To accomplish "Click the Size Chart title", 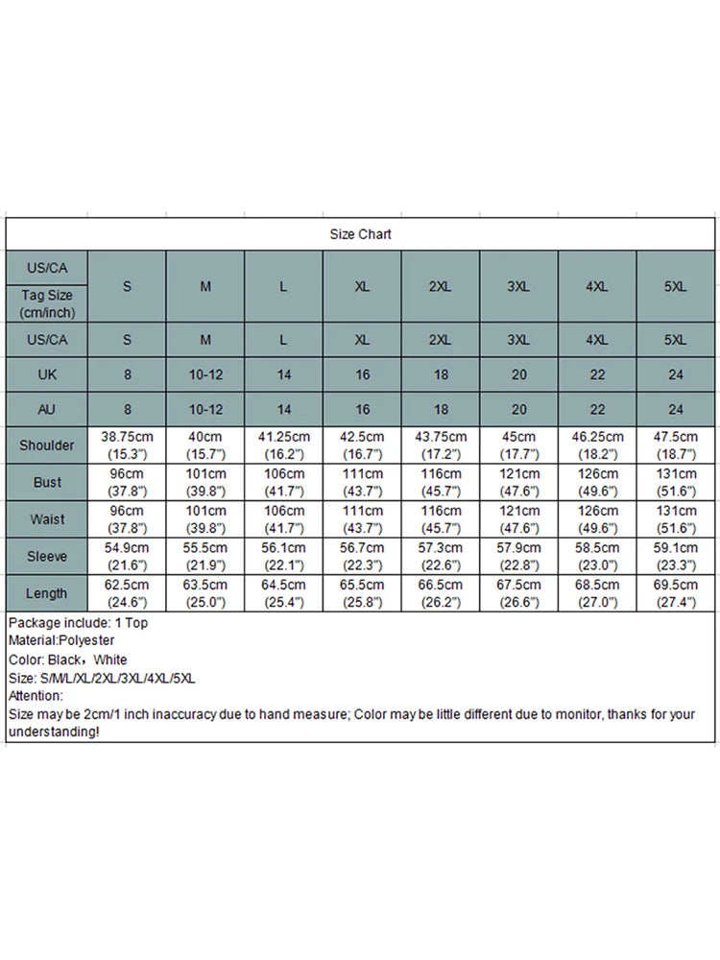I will pyautogui.click(x=361, y=234).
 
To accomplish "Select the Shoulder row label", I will pyautogui.click(x=46, y=445).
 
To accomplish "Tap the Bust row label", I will pyautogui.click(x=46, y=482).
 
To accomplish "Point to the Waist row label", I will pyautogui.click(x=46, y=519).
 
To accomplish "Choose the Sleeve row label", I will pyautogui.click(x=46, y=556).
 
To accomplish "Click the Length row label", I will pyautogui.click(x=46, y=592).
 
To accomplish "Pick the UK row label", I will pyautogui.click(x=46, y=374).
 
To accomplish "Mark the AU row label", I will pyautogui.click(x=46, y=410).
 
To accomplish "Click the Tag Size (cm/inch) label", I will pyautogui.click(x=46, y=304).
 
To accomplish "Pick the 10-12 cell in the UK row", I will pyautogui.click(x=205, y=374).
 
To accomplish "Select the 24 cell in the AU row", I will pyautogui.click(x=676, y=410).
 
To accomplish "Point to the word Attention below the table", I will pyautogui.click(x=36, y=696).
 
